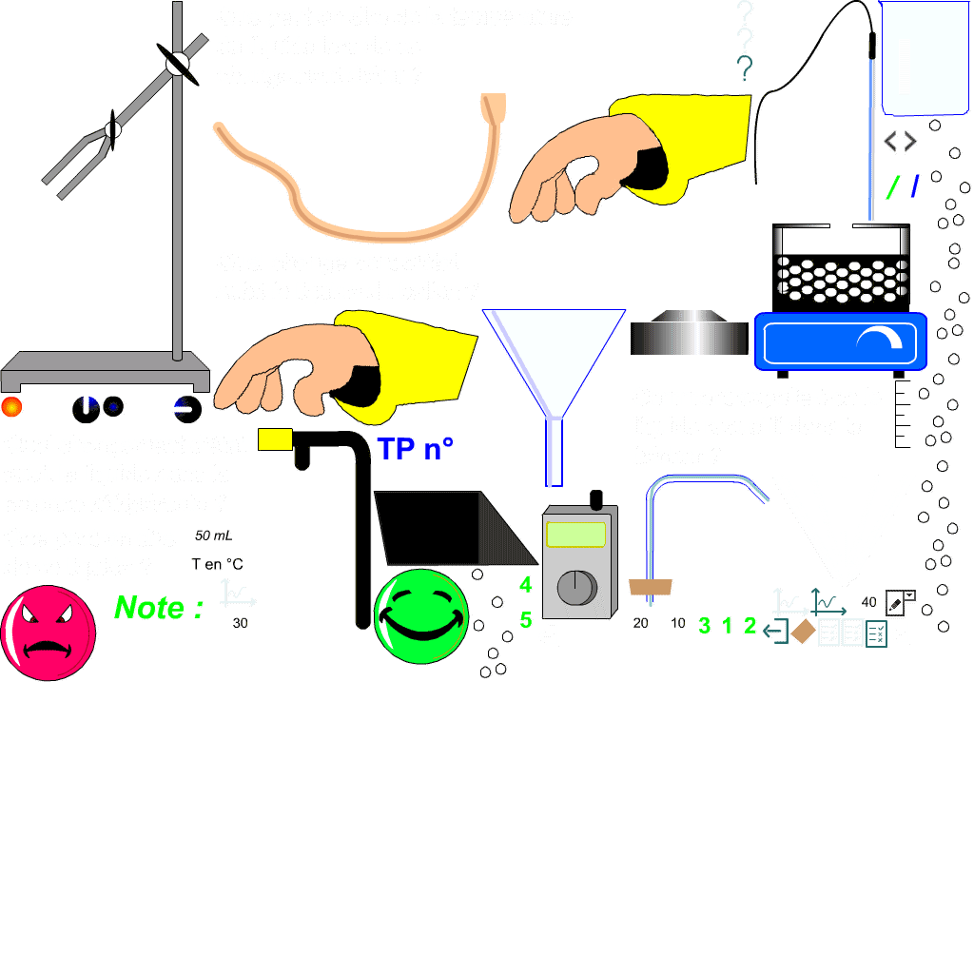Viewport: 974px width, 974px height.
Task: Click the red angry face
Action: (x=48, y=633)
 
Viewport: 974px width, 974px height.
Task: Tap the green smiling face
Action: (x=421, y=615)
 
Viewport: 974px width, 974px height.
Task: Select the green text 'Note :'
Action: (x=158, y=608)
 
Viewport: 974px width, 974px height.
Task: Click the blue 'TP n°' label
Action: (x=415, y=450)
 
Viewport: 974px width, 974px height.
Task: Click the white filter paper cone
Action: (x=843, y=523)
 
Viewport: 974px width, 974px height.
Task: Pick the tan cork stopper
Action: (x=652, y=588)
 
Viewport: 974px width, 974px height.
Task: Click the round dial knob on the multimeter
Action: (x=575, y=588)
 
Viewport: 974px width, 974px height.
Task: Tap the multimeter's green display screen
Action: (x=576, y=535)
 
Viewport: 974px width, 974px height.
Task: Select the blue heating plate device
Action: (x=840, y=341)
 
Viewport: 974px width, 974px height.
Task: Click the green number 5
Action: (x=526, y=620)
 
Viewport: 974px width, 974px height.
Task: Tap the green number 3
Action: (x=704, y=626)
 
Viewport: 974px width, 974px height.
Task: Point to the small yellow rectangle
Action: (x=275, y=438)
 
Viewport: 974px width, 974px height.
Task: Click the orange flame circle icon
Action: (x=11, y=406)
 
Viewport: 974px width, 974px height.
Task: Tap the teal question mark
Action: (x=745, y=68)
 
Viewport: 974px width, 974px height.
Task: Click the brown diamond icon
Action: (x=804, y=632)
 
